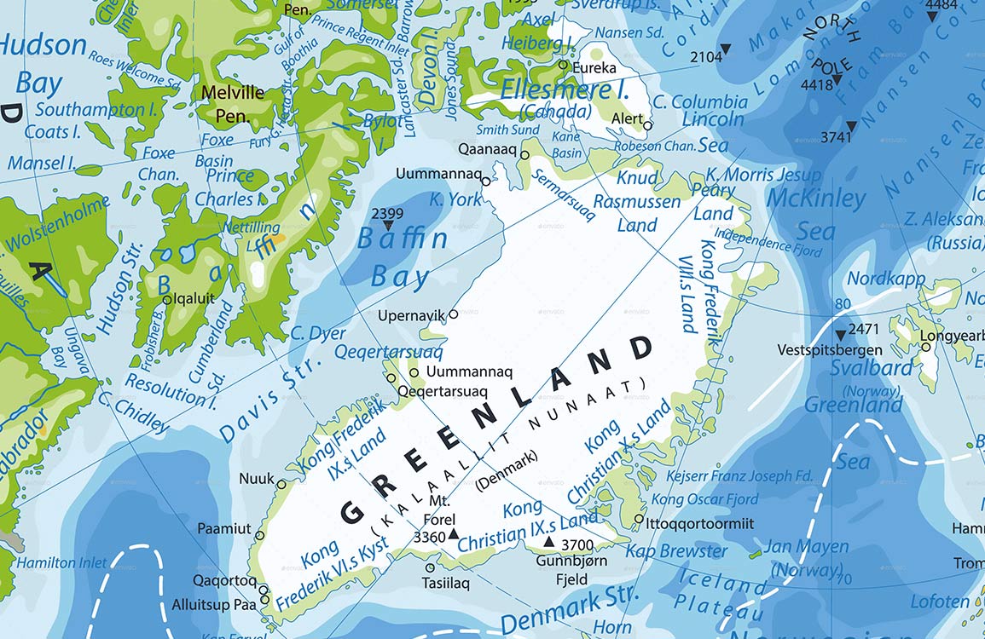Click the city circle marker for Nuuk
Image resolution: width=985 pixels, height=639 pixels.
coord(281,484)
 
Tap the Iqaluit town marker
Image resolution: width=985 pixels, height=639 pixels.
coord(167,299)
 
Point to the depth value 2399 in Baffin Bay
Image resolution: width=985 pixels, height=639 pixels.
coord(388,213)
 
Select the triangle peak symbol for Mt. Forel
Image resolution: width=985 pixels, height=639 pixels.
coord(454,534)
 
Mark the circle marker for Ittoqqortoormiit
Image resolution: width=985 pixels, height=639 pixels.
coord(639,518)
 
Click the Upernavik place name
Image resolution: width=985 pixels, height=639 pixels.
coord(412,315)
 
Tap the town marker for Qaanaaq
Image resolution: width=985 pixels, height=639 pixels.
coord(525,155)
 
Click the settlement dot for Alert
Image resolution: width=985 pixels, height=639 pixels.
coord(647,126)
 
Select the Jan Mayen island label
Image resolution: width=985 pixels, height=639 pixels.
coord(806,547)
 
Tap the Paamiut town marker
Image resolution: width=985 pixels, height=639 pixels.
coord(259,536)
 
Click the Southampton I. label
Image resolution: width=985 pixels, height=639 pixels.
coord(90,110)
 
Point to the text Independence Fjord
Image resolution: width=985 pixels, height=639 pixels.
coord(768,242)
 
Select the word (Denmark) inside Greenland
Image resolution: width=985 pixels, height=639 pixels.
coord(507,469)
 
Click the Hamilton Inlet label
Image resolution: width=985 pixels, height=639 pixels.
coord(62,562)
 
